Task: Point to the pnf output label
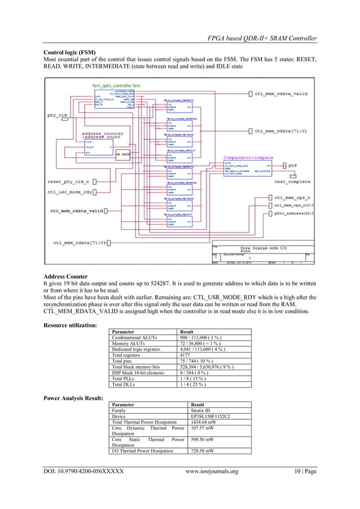click(295, 165)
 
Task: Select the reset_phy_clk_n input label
click(71, 182)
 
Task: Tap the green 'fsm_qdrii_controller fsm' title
click(116, 85)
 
